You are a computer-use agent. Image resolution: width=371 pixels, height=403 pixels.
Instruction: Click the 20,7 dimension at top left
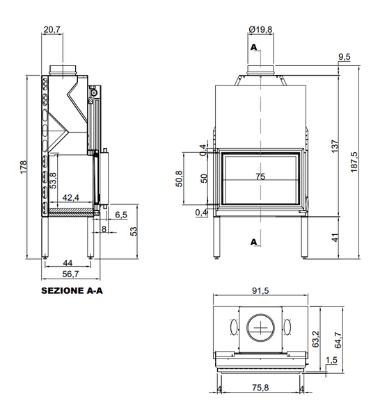[x=52, y=30]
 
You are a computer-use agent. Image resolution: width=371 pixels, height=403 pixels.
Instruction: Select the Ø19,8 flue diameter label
[x=260, y=30]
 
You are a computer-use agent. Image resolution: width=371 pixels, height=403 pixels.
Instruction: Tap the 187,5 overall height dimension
[x=354, y=162]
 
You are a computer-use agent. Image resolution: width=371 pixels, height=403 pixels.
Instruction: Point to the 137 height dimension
[x=334, y=146]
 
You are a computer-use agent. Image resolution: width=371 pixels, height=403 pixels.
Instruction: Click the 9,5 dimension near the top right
[x=345, y=57]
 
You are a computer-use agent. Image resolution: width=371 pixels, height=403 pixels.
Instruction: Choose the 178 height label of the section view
[x=23, y=167]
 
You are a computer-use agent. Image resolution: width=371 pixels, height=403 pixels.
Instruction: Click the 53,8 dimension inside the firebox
[x=54, y=181]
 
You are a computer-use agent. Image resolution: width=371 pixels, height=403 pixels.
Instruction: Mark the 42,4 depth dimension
[x=71, y=197]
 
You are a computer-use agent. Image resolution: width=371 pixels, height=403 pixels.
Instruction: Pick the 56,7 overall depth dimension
[x=70, y=274]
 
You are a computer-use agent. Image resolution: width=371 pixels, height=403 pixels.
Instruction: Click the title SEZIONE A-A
[x=72, y=290]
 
